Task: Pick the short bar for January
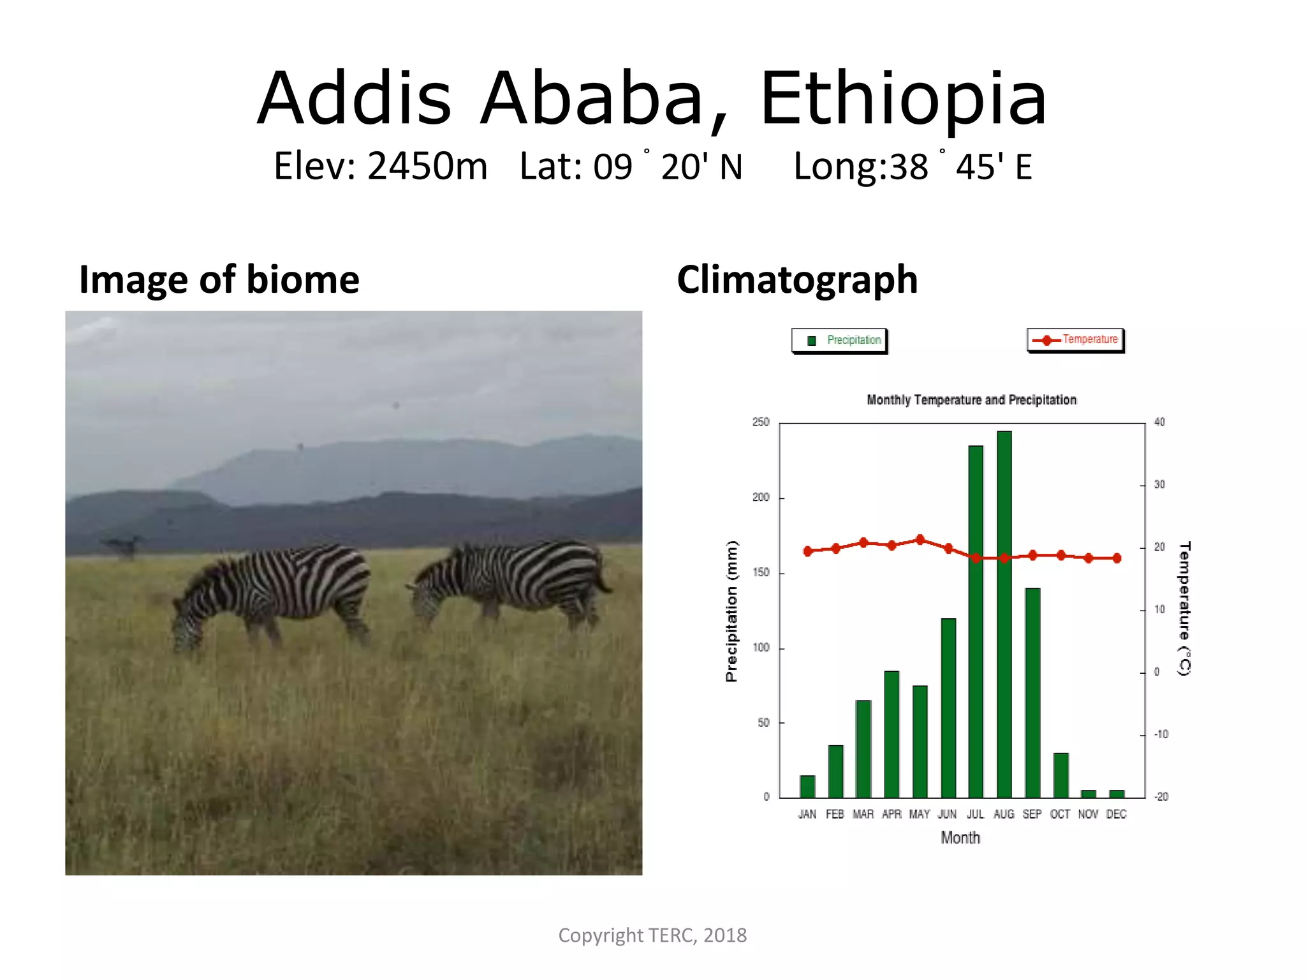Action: click(807, 786)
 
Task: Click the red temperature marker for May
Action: click(920, 540)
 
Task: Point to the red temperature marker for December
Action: click(1117, 558)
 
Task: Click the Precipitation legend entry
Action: click(840, 340)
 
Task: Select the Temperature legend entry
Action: click(1076, 339)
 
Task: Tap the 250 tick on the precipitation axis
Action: click(761, 422)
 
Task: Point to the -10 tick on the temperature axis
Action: click(1161, 734)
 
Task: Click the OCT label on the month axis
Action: click(1060, 814)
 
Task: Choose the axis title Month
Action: click(960, 838)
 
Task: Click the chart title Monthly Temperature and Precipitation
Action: click(971, 400)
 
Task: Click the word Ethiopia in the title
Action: click(903, 99)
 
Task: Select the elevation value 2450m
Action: click(427, 167)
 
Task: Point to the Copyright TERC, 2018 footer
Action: click(652, 935)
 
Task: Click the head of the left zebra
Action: click(187, 628)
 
